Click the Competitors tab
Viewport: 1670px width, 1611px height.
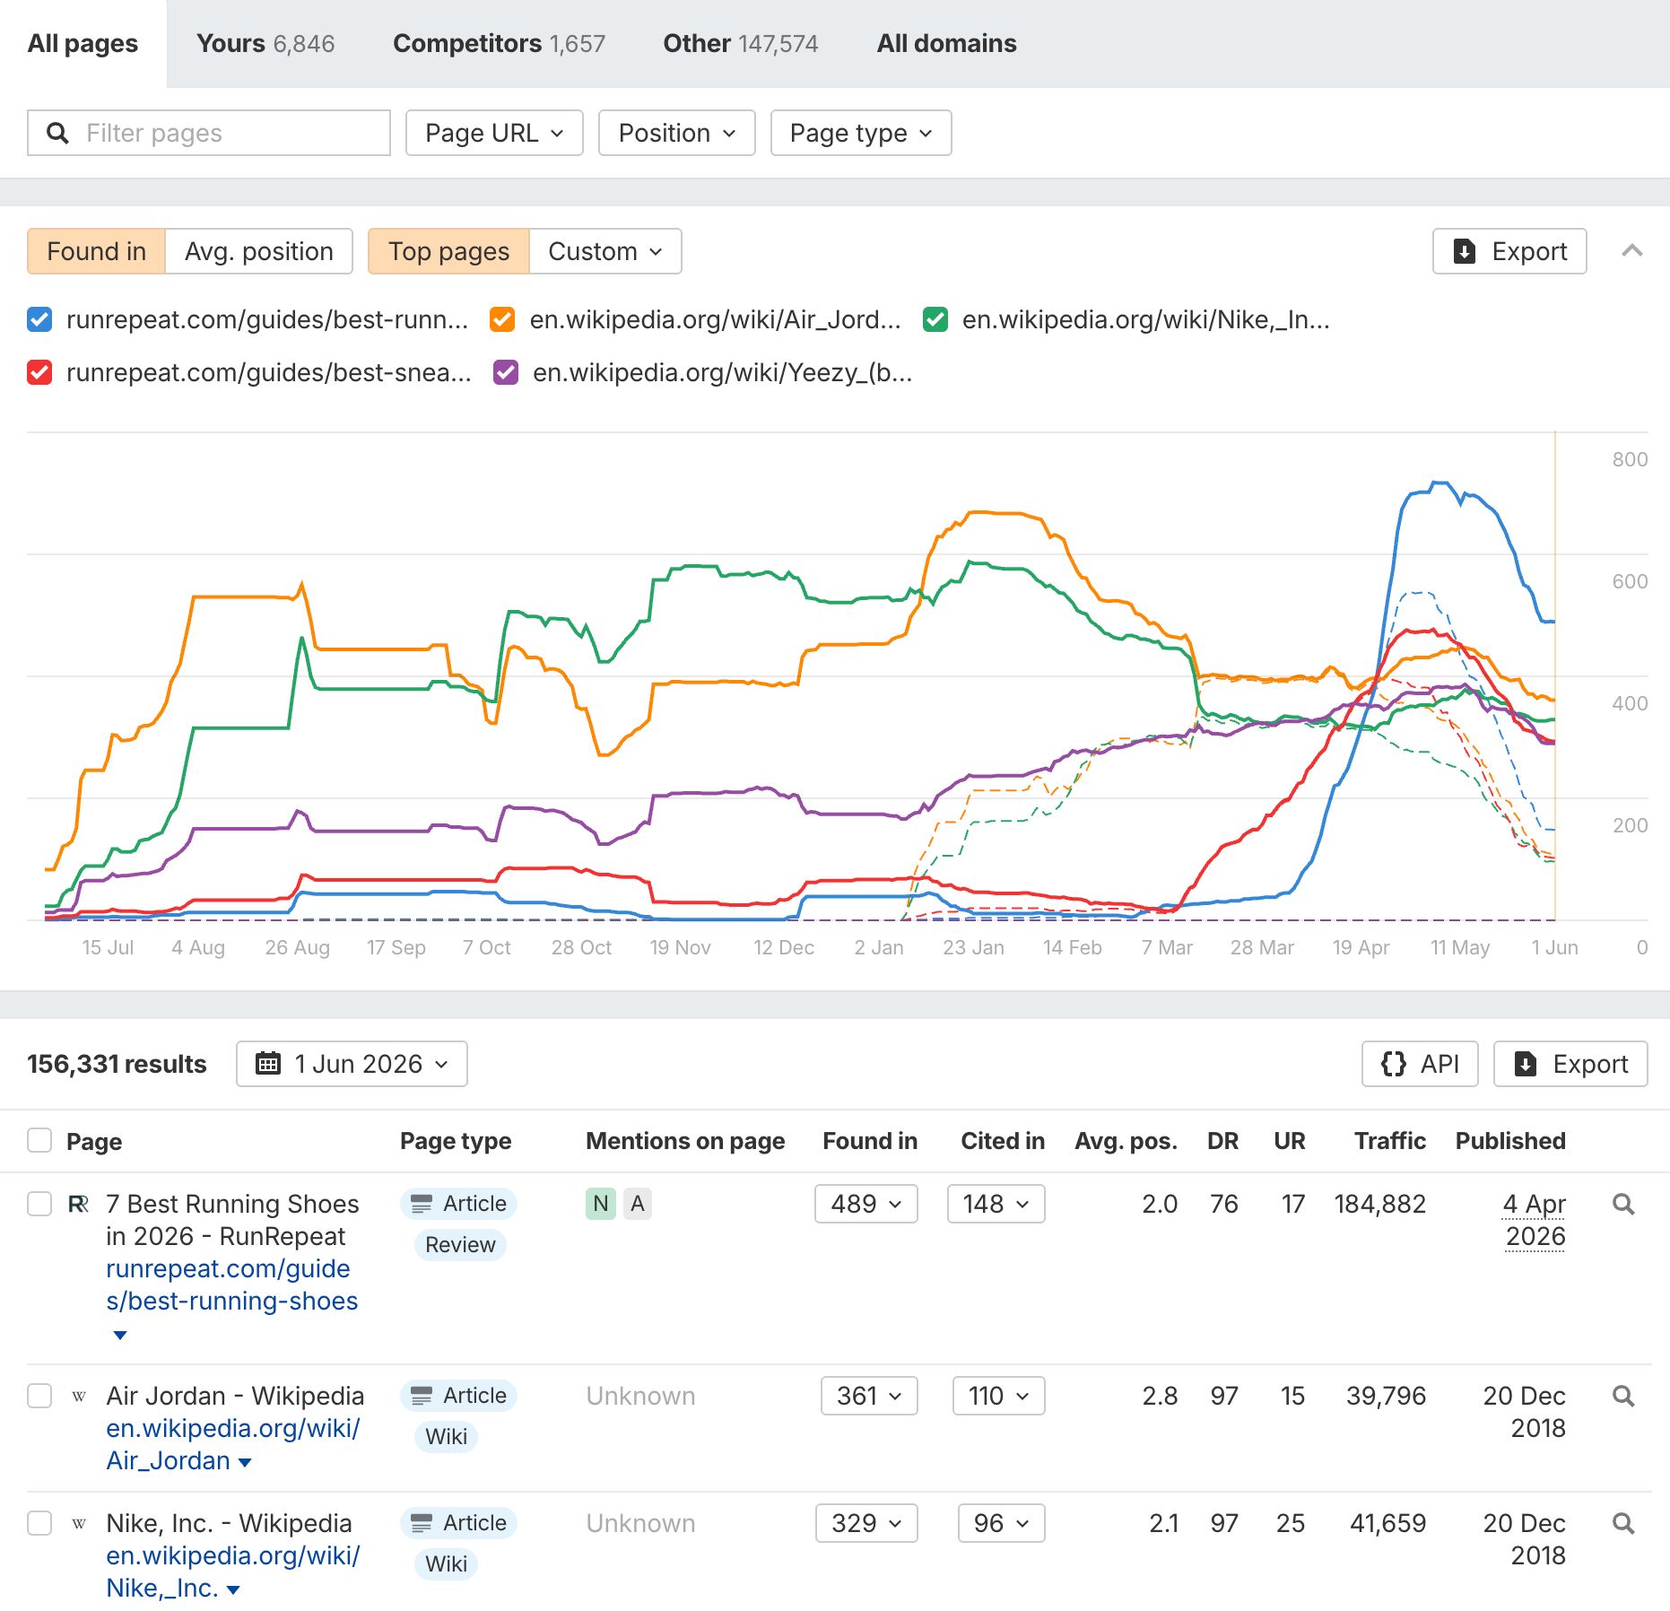[x=499, y=43]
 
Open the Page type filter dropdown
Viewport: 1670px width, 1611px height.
[x=861, y=133]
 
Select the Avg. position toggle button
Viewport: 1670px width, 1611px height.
[x=258, y=251]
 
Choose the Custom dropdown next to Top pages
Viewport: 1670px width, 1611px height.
[x=605, y=251]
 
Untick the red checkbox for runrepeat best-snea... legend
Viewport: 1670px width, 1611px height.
[x=39, y=372]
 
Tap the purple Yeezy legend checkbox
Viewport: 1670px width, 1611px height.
[x=506, y=372]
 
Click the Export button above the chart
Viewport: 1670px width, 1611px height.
[x=1509, y=251]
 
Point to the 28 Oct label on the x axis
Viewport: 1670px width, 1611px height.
[x=581, y=947]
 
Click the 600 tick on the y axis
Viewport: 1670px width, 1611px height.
[x=1630, y=581]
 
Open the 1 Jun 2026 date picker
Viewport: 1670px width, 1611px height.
[x=352, y=1064]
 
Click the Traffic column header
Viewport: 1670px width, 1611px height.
[x=1389, y=1141]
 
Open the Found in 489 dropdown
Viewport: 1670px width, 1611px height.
[x=866, y=1204]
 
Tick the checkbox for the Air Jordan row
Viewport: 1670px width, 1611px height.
[x=39, y=1396]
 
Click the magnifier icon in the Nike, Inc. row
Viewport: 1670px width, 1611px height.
[x=1623, y=1523]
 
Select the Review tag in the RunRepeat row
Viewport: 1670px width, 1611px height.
[x=460, y=1245]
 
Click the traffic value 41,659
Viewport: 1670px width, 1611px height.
[x=1387, y=1523]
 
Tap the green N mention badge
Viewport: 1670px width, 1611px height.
[x=601, y=1204]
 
